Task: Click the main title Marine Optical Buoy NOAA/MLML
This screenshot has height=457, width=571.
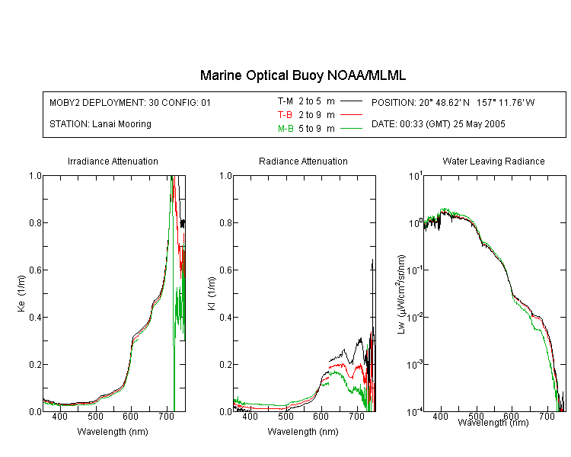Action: pyautogui.click(x=302, y=75)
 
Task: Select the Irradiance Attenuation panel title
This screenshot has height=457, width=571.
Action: pyautogui.click(x=113, y=161)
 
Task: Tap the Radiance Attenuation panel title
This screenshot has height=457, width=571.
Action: pyautogui.click(x=303, y=161)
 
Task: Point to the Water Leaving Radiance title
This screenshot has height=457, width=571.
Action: pyautogui.click(x=493, y=161)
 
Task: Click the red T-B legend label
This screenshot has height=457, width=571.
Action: pyautogui.click(x=285, y=115)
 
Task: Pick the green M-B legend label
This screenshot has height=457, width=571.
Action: pyautogui.click(x=285, y=129)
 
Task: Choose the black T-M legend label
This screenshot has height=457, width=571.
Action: pyautogui.click(x=285, y=101)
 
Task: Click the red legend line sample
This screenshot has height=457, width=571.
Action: pyautogui.click(x=351, y=115)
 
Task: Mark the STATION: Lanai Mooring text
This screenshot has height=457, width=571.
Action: pyautogui.click(x=100, y=124)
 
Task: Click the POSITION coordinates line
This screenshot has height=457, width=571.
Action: pyautogui.click(x=453, y=102)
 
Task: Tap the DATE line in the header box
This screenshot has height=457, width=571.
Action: pyautogui.click(x=439, y=124)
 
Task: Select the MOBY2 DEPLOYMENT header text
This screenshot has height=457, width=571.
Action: pyautogui.click(x=130, y=102)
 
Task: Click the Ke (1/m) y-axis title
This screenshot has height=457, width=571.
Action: pyautogui.click(x=21, y=293)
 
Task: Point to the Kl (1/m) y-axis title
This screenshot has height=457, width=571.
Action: pyautogui.click(x=212, y=293)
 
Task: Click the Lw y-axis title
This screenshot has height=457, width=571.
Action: pyautogui.click(x=401, y=294)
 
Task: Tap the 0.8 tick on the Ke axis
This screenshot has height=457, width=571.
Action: pyautogui.click(x=35, y=222)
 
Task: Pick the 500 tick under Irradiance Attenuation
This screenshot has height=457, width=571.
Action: pyautogui.click(x=95, y=417)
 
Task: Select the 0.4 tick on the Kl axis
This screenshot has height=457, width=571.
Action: pyautogui.click(x=226, y=317)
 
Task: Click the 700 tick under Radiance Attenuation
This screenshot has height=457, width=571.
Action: pyautogui.click(x=357, y=417)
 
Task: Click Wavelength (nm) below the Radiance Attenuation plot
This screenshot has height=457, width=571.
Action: pyautogui.click(x=303, y=432)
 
